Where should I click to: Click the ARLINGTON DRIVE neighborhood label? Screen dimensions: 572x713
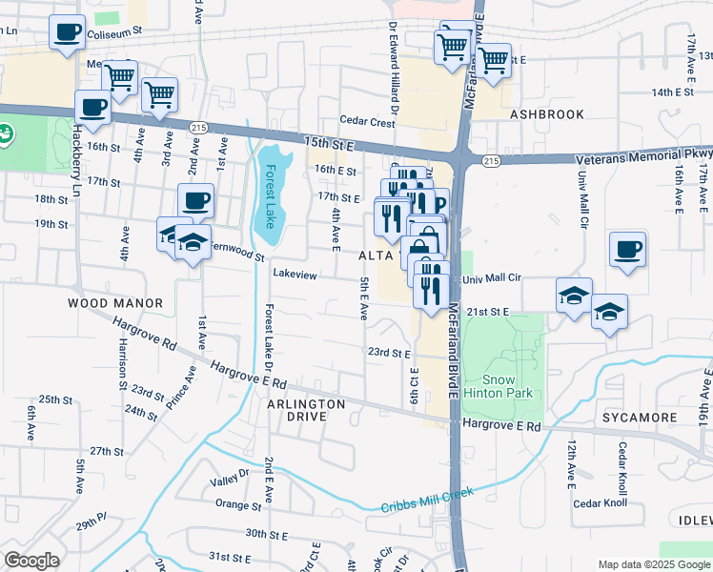[x=306, y=411]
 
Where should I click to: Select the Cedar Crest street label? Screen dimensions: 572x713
[x=368, y=122]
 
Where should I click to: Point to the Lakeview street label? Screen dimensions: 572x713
[x=295, y=274]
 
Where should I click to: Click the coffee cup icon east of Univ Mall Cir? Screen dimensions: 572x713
[x=627, y=250]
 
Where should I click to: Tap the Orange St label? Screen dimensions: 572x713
[x=238, y=504]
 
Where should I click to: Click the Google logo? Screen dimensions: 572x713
[x=32, y=561]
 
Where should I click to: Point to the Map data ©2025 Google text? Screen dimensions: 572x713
[x=654, y=564]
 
